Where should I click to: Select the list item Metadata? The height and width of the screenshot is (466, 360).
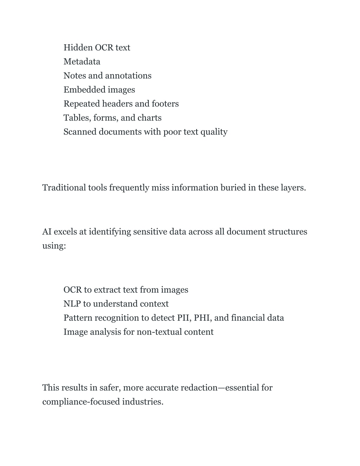tap(82, 62)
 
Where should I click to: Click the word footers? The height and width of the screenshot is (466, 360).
tap(165, 104)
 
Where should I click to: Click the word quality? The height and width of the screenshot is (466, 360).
tap(214, 132)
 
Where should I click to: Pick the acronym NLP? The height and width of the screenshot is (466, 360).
tap(72, 304)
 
